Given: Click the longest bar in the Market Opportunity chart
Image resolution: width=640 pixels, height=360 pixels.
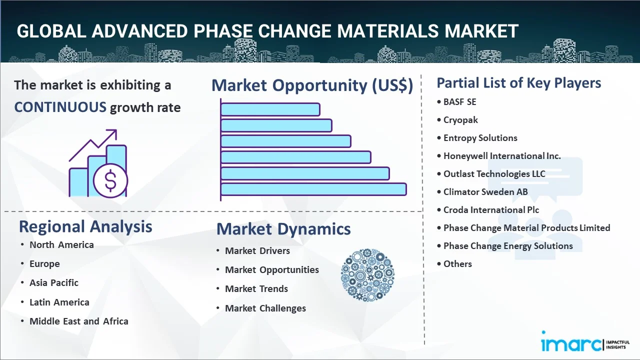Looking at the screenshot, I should [313, 189].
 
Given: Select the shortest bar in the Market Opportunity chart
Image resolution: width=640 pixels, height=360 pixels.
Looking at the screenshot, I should [270, 109].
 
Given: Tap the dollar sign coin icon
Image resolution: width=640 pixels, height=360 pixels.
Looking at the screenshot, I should [110, 181].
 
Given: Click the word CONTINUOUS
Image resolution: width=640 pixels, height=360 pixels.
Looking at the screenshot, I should [60, 107].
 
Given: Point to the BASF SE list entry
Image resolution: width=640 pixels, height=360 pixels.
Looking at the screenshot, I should [459, 102].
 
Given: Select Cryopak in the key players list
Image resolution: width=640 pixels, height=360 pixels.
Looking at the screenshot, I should [460, 120].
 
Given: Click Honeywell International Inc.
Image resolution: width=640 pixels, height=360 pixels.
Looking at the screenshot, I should [502, 156].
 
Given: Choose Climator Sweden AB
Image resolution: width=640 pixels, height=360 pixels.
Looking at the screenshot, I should [485, 192].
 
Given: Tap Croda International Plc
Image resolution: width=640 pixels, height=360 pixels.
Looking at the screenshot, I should [491, 210].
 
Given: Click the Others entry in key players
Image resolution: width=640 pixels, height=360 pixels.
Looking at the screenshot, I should [457, 264].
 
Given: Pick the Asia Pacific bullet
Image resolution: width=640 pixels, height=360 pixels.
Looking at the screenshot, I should [53, 283].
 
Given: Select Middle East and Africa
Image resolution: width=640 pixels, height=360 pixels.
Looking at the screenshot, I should [78, 321].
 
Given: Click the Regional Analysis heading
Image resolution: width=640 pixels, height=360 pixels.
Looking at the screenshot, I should [85, 226].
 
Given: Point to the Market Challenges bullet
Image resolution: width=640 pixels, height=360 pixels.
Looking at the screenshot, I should [265, 308].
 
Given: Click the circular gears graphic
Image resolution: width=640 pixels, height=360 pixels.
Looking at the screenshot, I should [367, 275].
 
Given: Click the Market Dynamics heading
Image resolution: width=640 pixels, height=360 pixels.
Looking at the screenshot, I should [283, 229].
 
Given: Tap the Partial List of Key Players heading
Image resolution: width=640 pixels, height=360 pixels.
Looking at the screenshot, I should [519, 83].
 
